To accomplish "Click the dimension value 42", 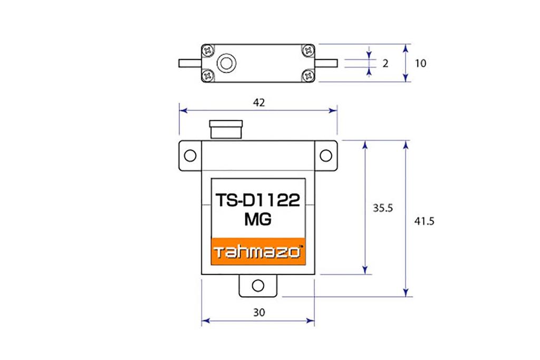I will [258, 103].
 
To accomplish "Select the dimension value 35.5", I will [383, 208].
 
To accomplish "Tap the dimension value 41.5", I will [424, 221].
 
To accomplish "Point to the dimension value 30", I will [258, 312].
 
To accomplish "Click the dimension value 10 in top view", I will [420, 63].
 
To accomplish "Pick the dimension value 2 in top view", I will [385, 63].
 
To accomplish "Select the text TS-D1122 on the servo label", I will [257, 201].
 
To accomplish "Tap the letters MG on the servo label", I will [257, 220].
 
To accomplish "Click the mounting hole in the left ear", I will [190, 155].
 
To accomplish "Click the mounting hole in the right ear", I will [326, 155].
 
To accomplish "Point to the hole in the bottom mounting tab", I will [257, 286].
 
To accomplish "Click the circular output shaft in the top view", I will [226, 63].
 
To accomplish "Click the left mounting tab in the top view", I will [189, 63].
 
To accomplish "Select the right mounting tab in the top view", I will [326, 63].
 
